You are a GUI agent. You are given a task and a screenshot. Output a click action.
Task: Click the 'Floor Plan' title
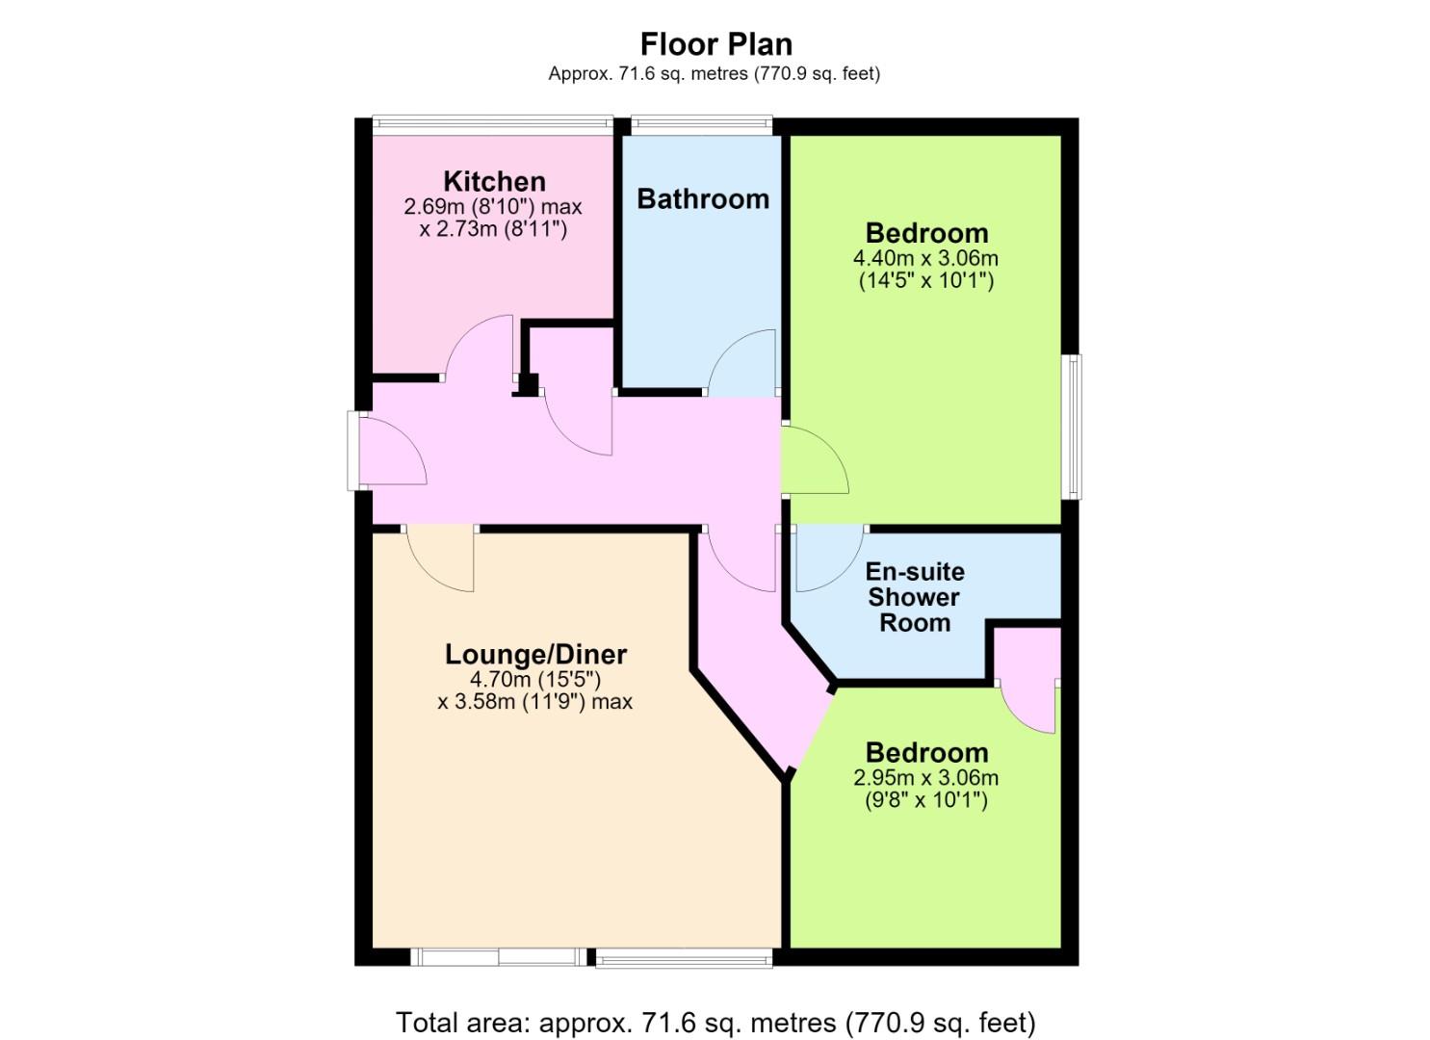point(715,44)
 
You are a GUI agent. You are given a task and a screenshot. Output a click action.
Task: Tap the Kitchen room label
point(495,181)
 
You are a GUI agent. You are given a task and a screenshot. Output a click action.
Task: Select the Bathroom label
point(703,199)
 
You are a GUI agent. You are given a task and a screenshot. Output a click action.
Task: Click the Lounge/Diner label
point(535,655)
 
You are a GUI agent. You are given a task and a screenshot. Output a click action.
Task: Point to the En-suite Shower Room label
point(915,597)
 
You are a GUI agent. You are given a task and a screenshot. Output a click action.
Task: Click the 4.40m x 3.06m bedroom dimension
point(925,259)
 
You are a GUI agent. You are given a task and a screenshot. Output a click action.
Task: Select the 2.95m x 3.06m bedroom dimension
point(925,778)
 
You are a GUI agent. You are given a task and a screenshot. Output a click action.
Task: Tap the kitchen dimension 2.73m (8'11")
point(493,228)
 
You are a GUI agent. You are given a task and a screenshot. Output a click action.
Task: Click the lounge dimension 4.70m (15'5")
point(535,678)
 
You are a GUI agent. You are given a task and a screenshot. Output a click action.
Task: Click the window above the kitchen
point(492,125)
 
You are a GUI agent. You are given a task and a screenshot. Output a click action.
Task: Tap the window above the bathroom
point(702,125)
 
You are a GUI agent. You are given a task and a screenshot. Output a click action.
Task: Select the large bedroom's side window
point(1071,426)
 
